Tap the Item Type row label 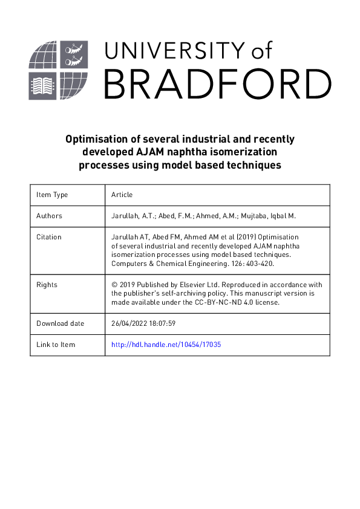click(x=52, y=195)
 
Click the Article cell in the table click(x=122, y=195)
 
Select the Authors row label click(x=49, y=216)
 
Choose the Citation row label click(x=49, y=237)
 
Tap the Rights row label click(x=47, y=284)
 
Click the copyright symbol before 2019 click(x=114, y=284)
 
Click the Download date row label click(x=61, y=323)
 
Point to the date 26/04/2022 click(x=129, y=323)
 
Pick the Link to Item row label click(x=56, y=345)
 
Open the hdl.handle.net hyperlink click(x=162, y=345)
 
